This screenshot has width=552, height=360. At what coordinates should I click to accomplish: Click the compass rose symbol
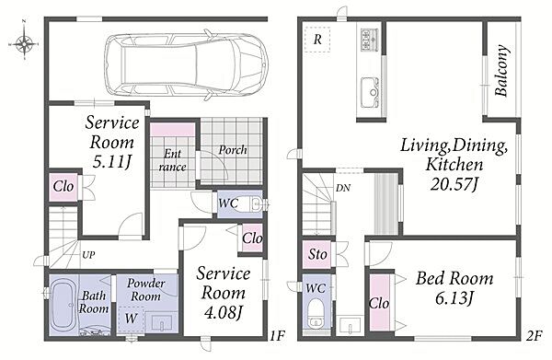[24, 44]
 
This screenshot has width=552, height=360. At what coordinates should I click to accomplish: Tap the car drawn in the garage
[188, 64]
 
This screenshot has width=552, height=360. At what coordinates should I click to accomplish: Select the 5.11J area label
[111, 162]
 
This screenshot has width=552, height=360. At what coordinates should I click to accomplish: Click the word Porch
[233, 150]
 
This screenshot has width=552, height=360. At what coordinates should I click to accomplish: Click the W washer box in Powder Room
[131, 319]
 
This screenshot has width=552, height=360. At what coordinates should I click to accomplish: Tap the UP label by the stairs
[88, 254]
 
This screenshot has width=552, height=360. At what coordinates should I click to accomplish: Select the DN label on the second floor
[343, 188]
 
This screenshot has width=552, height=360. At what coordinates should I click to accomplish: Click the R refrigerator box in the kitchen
[317, 40]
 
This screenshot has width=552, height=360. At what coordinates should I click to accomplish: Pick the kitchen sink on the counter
[369, 93]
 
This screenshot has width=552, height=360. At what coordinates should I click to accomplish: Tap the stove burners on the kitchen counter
[369, 39]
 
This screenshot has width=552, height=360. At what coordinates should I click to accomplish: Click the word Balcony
[501, 71]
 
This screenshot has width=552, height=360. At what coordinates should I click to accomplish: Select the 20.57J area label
[454, 183]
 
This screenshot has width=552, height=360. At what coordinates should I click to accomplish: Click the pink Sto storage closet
[317, 254]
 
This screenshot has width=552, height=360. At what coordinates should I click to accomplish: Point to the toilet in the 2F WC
[316, 313]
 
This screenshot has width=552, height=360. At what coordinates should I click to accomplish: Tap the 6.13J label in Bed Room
[454, 299]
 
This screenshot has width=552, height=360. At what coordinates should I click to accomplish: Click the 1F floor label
[277, 336]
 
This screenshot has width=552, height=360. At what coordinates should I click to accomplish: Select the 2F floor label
[534, 336]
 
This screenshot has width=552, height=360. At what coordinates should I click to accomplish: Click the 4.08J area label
[224, 312]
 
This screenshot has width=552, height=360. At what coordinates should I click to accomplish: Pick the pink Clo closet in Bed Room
[379, 302]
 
